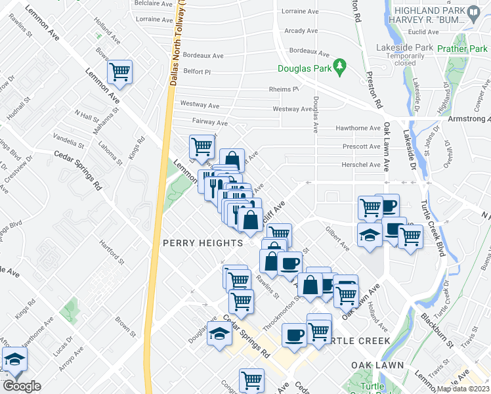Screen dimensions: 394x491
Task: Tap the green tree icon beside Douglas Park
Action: (x=339, y=66)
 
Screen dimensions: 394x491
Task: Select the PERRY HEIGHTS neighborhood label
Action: (x=202, y=243)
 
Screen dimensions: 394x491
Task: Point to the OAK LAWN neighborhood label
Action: (x=372, y=364)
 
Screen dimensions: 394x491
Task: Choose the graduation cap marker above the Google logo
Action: (x=14, y=360)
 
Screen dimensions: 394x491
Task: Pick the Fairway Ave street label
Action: (x=210, y=122)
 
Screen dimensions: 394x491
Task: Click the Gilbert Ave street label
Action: (x=337, y=238)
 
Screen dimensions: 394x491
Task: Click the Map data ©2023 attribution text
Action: (x=463, y=389)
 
